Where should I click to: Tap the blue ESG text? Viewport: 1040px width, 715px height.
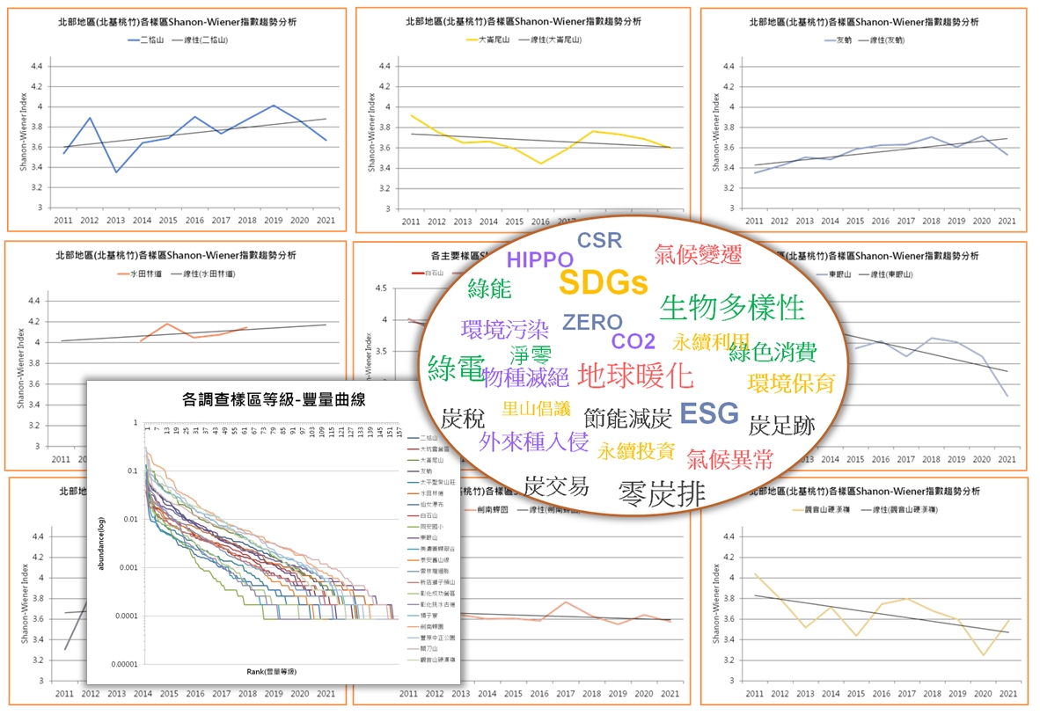[x=709, y=413]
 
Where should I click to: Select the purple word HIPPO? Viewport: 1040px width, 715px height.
[x=539, y=259]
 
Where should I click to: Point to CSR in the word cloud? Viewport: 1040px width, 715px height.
[x=599, y=240]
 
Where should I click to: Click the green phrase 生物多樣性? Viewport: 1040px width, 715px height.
[x=732, y=307]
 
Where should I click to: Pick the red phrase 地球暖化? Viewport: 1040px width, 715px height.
[x=635, y=376]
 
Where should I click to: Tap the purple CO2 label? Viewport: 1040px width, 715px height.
[x=634, y=341]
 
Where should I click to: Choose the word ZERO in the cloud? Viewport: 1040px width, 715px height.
[x=592, y=323]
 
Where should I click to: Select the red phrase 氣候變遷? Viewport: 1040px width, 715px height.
[x=698, y=255]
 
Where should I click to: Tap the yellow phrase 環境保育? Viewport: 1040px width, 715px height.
[x=791, y=383]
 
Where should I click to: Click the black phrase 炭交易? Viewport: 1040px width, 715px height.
[x=555, y=485]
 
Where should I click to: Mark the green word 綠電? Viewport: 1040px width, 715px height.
[x=456, y=368]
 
